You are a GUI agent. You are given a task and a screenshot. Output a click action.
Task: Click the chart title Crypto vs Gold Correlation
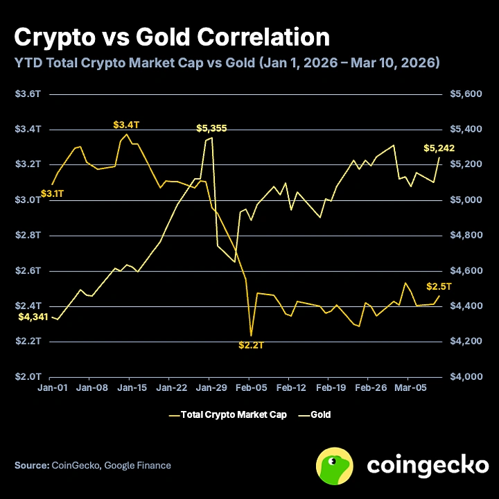pos(171,36)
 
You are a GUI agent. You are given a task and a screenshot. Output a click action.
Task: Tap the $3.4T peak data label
pos(126,125)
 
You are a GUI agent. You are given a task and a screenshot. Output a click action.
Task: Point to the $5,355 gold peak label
pos(211,128)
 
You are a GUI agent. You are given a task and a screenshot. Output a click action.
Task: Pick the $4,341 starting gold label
pos(32,317)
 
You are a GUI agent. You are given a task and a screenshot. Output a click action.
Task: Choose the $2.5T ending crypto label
pos(439,286)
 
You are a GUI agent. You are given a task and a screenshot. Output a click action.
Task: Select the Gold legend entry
pos(320,415)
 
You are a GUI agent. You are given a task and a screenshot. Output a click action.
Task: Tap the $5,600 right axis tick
pos(465,94)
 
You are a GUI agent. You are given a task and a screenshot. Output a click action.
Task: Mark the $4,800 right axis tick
pos(465,235)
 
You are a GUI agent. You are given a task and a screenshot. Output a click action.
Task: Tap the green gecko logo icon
pos(336,465)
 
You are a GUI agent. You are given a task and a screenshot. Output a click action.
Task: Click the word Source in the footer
pos(31,465)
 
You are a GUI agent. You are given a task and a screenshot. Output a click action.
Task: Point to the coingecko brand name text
pos(427,465)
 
